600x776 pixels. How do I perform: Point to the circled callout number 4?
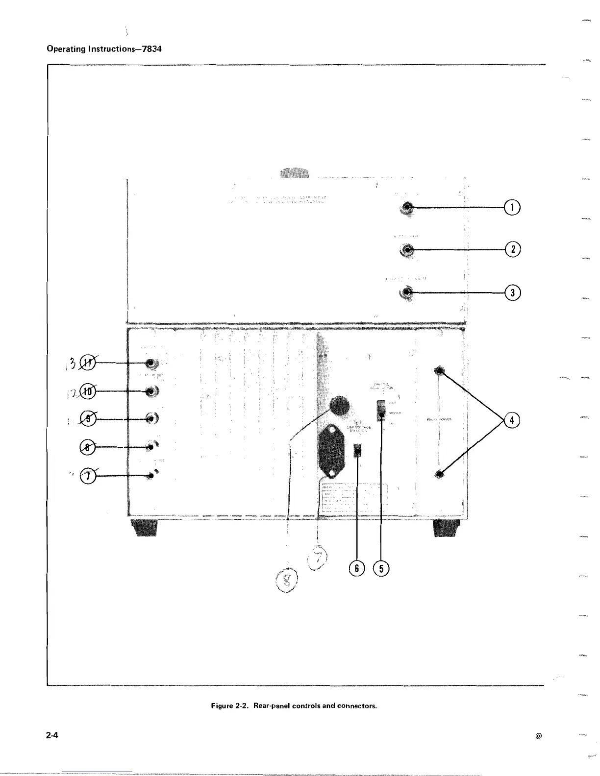tap(511, 420)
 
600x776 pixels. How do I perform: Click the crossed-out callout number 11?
tap(88, 363)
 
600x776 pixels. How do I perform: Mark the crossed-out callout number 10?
tap(88, 391)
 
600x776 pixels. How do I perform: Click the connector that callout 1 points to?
tap(407, 208)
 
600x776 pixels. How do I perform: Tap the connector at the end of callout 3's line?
tap(407, 293)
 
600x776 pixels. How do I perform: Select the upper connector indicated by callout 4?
tap(440, 371)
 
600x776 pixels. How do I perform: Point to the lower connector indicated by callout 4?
tap(440, 474)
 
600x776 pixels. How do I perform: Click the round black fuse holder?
tap(339, 406)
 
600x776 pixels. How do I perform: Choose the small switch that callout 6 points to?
tap(358, 450)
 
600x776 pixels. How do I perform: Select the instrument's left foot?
tap(144, 528)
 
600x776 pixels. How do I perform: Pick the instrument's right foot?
tap(447, 528)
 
